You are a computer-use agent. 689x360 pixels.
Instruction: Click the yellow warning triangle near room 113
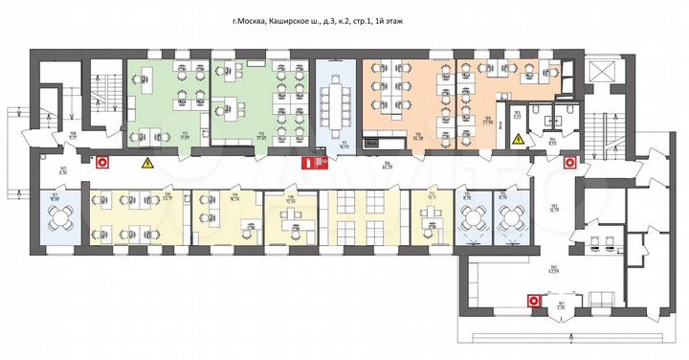148,164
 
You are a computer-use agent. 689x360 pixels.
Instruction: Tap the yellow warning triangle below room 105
518,140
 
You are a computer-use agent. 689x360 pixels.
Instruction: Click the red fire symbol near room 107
102,164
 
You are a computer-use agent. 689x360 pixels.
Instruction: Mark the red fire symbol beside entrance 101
532,301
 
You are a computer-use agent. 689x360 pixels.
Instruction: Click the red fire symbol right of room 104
570,162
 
